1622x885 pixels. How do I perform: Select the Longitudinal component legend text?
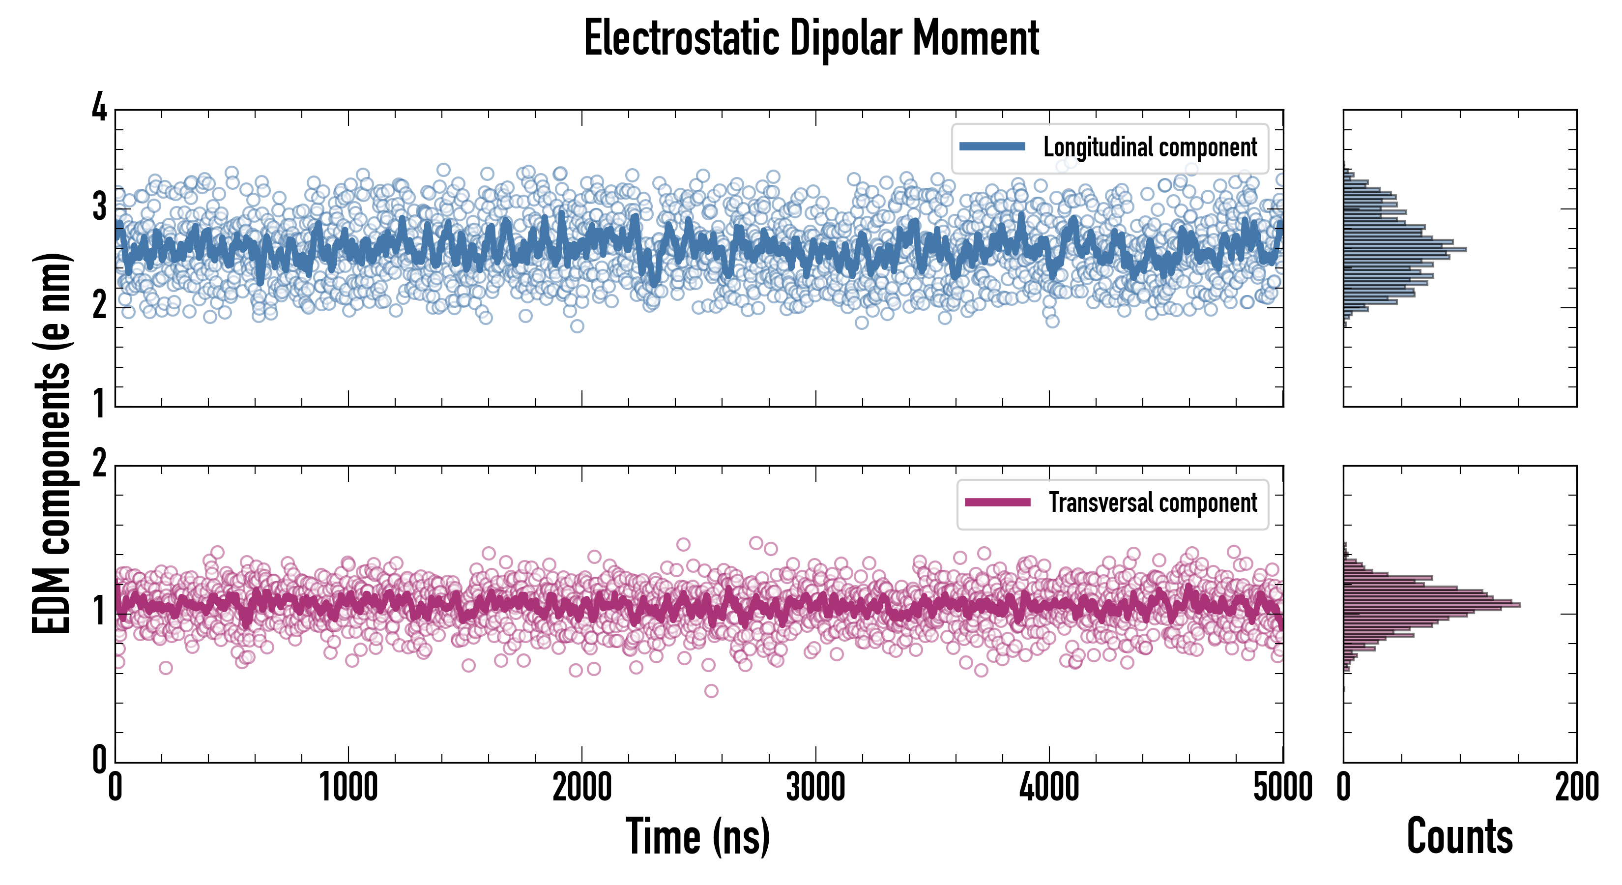(1150, 147)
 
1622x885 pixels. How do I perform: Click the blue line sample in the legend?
(992, 147)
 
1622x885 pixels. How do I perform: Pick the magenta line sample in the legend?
(997, 502)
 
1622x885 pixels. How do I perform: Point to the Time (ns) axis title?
(697, 836)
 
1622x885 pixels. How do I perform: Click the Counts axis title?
(1459, 836)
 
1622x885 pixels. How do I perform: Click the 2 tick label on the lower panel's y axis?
(99, 465)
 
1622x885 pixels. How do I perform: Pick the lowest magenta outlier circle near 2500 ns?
(711, 691)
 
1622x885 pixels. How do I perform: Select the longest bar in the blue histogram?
(1405, 249)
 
